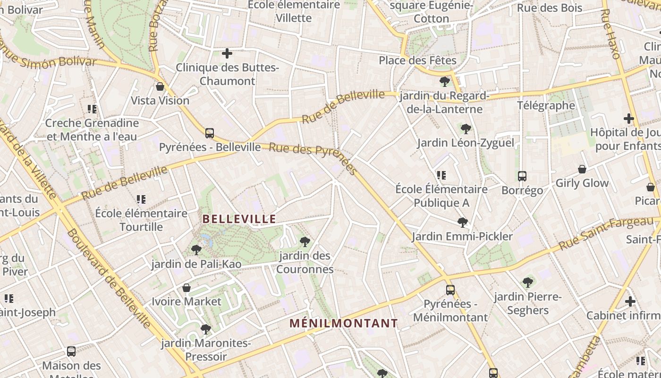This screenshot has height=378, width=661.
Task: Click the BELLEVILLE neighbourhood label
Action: point(239,219)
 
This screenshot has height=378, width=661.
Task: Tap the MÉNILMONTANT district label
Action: point(344,324)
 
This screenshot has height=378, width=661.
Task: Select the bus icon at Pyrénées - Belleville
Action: point(210,133)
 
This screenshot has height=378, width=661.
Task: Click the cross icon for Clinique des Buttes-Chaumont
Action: point(227,53)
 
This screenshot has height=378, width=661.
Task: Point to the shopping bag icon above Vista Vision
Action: point(160,87)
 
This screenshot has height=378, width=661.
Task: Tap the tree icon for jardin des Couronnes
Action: point(305,242)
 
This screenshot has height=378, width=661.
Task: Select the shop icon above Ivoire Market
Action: point(186,288)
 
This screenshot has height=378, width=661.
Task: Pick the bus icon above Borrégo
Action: point(522,176)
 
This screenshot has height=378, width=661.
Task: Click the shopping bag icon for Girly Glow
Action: point(582,169)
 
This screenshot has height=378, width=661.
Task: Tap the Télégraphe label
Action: point(546,105)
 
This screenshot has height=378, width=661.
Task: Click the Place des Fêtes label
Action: point(417,61)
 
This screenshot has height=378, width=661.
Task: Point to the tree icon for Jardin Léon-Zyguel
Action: point(466,129)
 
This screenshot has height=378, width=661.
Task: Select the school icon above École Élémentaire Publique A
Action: point(441,175)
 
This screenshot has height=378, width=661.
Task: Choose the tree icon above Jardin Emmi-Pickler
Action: point(463,222)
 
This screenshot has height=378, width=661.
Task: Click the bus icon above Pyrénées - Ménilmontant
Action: point(450,290)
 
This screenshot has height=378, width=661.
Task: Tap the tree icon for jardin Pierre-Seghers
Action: point(527,283)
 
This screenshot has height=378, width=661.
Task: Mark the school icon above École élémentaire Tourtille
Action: point(141,199)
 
